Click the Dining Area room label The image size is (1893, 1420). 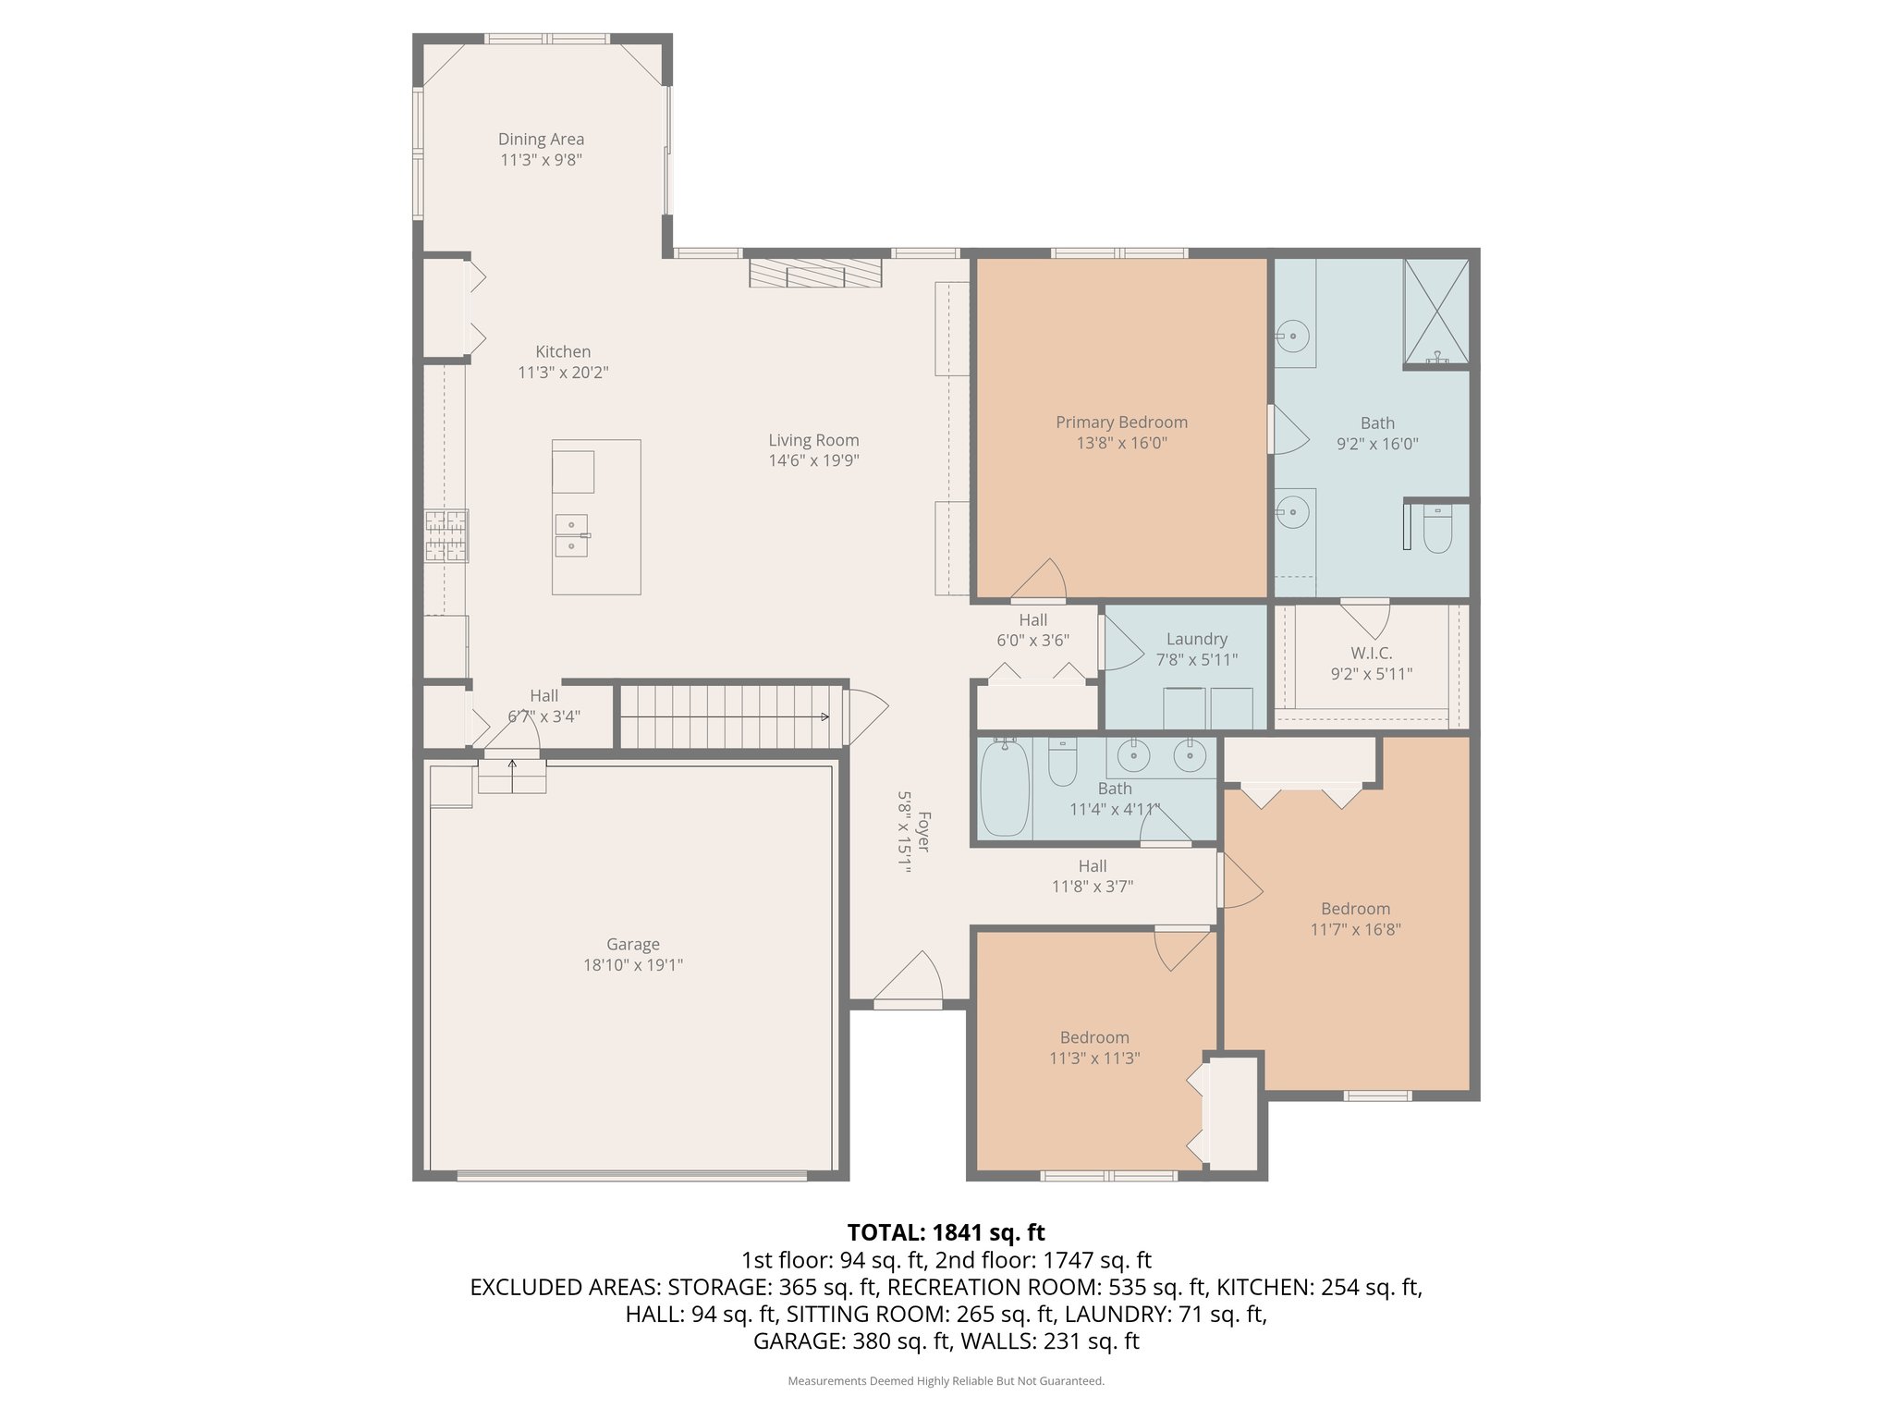pyautogui.click(x=541, y=139)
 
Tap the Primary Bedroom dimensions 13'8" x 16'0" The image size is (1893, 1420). pyautogui.click(x=1121, y=443)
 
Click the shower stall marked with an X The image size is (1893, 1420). pyautogui.click(x=1435, y=312)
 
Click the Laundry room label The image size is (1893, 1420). pyautogui.click(x=1196, y=639)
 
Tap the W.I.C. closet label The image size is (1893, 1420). pyautogui.click(x=1371, y=653)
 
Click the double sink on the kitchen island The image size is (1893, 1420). pyautogui.click(x=571, y=536)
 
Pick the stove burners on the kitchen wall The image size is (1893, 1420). pyautogui.click(x=446, y=536)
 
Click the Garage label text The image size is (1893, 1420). pyautogui.click(x=632, y=944)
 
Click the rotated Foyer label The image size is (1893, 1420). pyautogui.click(x=923, y=832)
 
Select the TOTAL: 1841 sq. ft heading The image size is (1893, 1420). pyautogui.click(x=946, y=1232)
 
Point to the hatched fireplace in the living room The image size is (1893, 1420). pyautogui.click(x=814, y=273)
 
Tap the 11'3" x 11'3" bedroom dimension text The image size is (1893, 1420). pyautogui.click(x=1094, y=1059)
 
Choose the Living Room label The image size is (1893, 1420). pyautogui.click(x=813, y=440)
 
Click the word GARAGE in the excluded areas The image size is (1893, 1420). pyautogui.click(x=796, y=1340)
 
